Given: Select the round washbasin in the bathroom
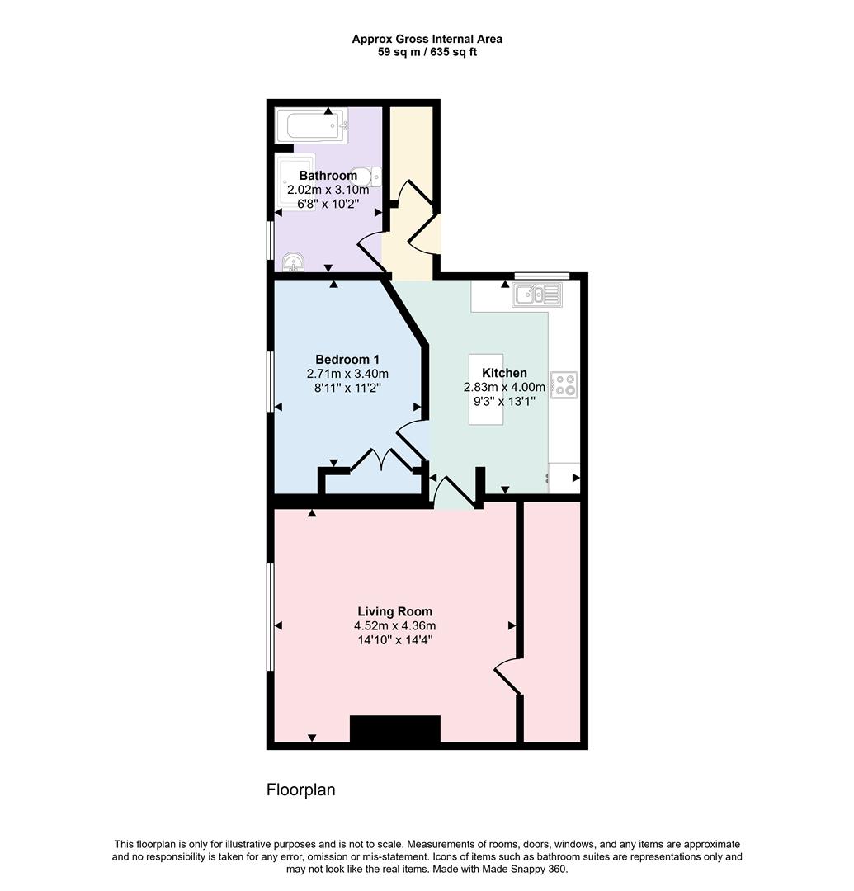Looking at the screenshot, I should tap(295, 263).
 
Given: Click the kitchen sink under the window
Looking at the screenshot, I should tap(536, 294).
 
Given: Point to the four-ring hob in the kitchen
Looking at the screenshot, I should tap(565, 384).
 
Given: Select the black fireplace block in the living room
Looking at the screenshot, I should tap(395, 728).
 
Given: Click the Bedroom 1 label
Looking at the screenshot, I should tap(347, 359).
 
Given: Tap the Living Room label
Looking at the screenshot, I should tap(394, 611).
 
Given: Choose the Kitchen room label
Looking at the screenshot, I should tap(504, 373).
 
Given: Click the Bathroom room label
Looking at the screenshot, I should tap(328, 176).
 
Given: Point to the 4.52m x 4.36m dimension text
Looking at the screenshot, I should tap(394, 625).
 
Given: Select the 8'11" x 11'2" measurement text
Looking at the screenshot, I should tap(347, 387).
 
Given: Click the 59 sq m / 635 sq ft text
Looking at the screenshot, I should tap(427, 52).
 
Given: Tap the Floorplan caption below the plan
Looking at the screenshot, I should tap(300, 790).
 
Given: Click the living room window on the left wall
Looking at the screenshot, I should tap(270, 617).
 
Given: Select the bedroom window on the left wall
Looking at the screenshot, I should tap(270, 381).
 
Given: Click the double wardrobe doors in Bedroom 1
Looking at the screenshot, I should tap(382, 460).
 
